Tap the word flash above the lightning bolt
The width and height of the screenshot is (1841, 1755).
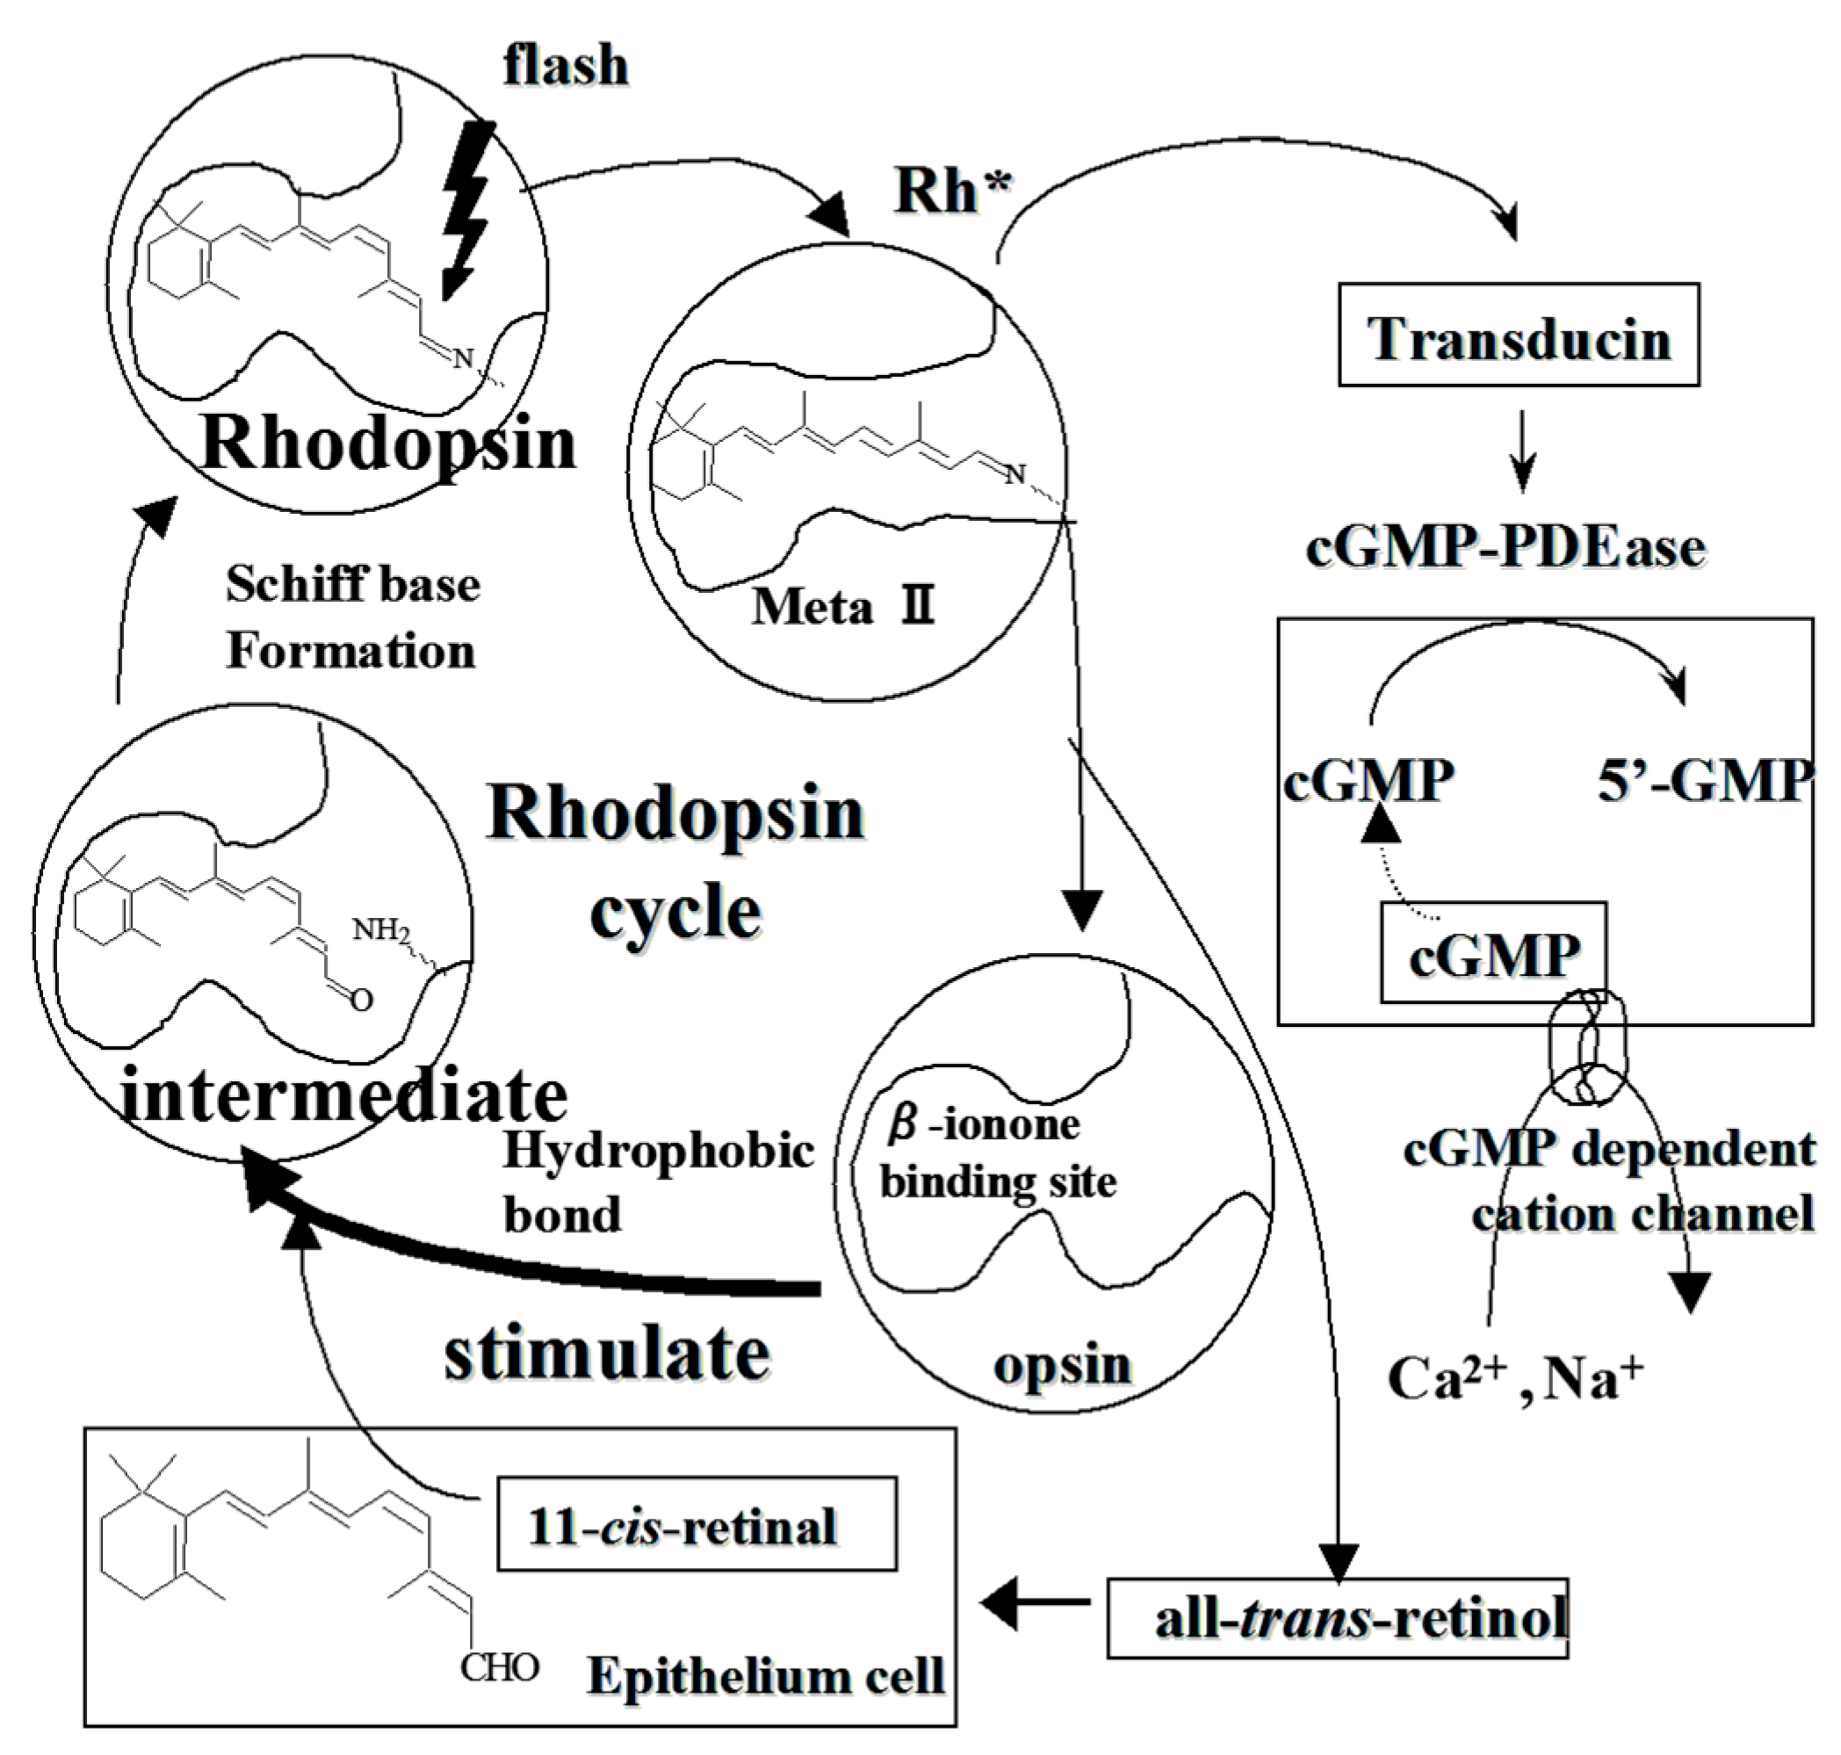coord(565,66)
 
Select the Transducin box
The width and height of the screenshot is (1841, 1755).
coord(1519,335)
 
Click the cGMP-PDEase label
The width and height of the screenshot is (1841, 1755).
coord(1505,547)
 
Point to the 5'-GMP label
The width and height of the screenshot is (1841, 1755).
coord(1705,780)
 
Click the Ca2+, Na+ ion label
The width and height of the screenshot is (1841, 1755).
coord(1514,1378)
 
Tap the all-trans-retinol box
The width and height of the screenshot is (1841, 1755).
coord(1337,1619)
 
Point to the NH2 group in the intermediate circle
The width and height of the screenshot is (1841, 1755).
coord(380,930)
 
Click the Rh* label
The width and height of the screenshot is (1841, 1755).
coord(952,191)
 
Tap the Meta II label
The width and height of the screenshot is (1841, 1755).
coord(843,607)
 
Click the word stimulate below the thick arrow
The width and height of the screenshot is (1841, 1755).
coord(606,1354)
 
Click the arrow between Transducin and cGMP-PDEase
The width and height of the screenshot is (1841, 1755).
coord(1523,450)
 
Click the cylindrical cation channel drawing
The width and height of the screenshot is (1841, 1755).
coord(1587,1047)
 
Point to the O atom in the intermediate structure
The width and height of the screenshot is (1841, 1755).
coord(361,1000)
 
